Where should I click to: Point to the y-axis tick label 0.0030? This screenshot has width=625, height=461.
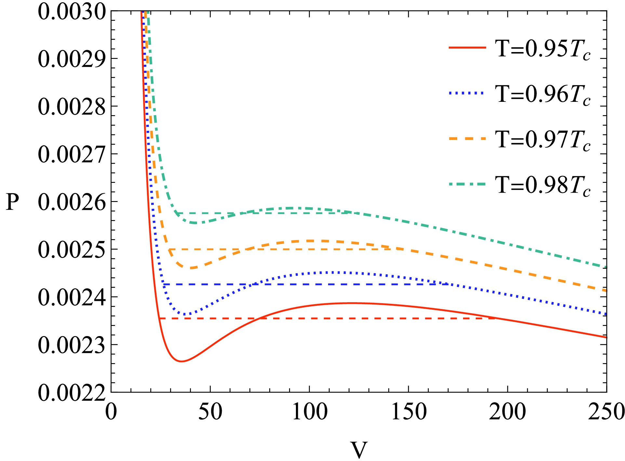click(72, 12)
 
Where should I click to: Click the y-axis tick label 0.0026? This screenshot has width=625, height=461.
click(72, 202)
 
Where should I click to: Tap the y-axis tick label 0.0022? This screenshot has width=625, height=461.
click(72, 392)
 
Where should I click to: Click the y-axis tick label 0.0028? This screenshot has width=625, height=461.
click(72, 107)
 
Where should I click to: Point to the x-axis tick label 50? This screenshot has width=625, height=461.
click(210, 412)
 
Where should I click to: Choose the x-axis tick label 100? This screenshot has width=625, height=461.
click(310, 412)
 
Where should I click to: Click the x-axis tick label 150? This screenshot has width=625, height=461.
click(409, 412)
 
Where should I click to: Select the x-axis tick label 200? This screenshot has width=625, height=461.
click(508, 412)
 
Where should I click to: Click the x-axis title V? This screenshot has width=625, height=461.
click(359, 450)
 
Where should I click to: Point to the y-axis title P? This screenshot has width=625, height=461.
click(13, 202)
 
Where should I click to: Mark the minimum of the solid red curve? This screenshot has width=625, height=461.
click(181, 361)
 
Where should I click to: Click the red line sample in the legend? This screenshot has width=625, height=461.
click(467, 48)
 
